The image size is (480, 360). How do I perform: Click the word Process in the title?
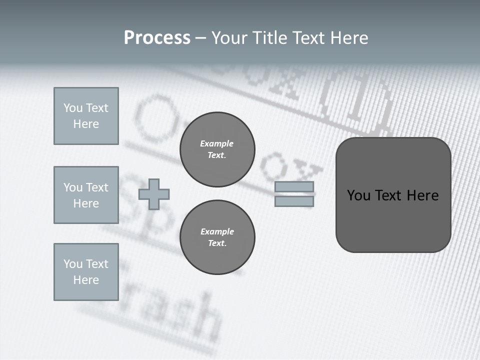pos(157,38)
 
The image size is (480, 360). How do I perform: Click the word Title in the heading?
pos(269,38)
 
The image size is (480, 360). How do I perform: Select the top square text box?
pos(86,116)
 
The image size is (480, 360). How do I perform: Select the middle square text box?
pos(86,195)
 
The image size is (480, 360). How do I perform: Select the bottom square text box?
pos(86,272)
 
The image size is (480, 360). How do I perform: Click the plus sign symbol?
pos(154,194)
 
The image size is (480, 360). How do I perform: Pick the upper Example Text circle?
pos(217,149)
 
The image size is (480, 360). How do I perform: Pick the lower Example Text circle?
pos(217,237)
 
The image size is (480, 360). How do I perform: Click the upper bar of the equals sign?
pos(294,186)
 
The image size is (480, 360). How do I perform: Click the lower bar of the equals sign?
pos(294,201)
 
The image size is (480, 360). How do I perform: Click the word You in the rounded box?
pos(358,195)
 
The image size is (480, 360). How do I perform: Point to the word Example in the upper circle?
pos(216,143)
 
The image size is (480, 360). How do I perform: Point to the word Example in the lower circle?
pos(217,231)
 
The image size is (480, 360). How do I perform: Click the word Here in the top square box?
pos(86,124)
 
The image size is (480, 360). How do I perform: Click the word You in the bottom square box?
pos(72,264)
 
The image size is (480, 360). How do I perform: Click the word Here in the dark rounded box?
pos(422,195)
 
